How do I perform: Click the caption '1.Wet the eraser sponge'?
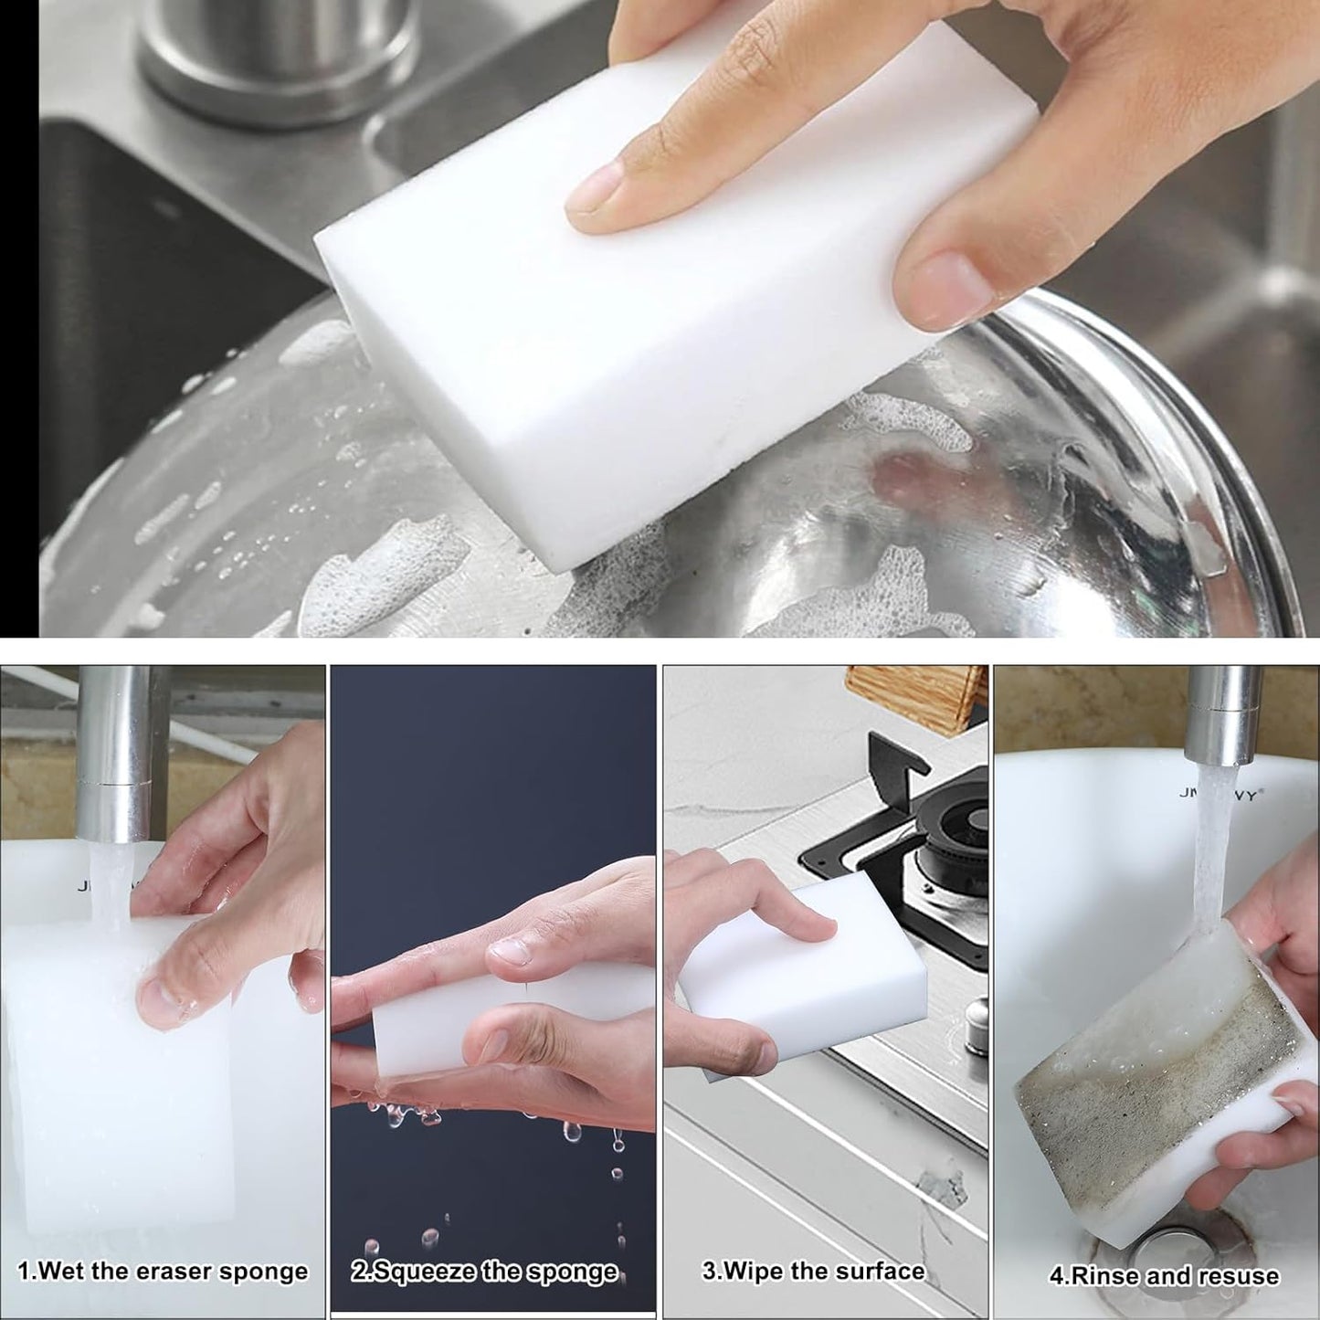163,1272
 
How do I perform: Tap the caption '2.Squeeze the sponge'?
485,1272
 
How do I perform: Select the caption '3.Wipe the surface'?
813,1272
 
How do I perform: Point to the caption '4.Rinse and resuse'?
1164,1275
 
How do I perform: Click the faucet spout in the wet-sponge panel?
115,749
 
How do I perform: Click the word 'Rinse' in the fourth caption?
1104,1275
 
